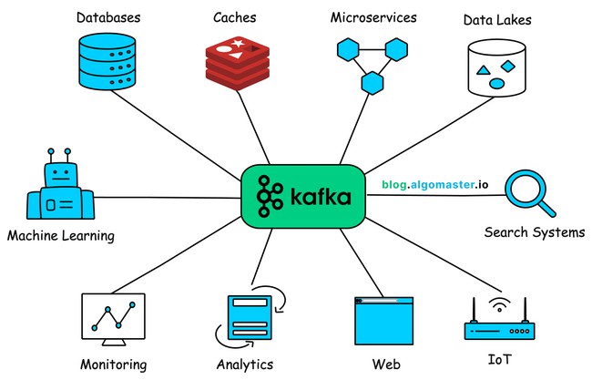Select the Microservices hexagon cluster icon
point(370,65)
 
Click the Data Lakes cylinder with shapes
point(496,67)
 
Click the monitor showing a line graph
point(113,319)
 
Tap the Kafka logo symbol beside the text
point(268,196)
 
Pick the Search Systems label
point(534,232)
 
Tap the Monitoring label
point(113,365)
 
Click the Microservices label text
point(373,17)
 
